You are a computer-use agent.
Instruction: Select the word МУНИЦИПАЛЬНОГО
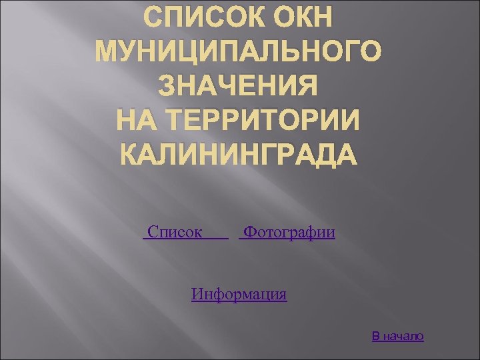coord(240,52)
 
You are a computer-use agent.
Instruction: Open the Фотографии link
coord(289,233)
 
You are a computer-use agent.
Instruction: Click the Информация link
coord(239,294)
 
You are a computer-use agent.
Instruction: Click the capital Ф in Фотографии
coord(249,233)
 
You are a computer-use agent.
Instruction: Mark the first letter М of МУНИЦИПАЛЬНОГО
coord(110,52)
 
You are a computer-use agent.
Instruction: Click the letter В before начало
coord(376,336)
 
